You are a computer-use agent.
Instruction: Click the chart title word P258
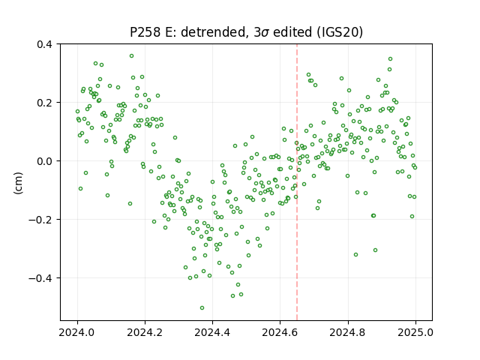(x=145, y=31)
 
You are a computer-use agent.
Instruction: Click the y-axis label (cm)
(x=18, y=183)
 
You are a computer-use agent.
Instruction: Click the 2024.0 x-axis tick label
(x=77, y=332)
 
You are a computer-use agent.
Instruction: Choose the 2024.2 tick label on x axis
(x=145, y=332)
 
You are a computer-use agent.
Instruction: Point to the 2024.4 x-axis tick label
(x=212, y=332)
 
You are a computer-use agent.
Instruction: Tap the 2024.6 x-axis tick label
(x=280, y=332)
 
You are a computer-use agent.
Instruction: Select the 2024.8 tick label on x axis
(x=348, y=332)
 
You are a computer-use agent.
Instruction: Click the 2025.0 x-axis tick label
(x=415, y=332)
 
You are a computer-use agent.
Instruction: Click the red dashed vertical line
(x=297, y=182)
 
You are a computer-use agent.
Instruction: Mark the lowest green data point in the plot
(x=202, y=308)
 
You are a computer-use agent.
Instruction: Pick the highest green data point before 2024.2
(x=132, y=56)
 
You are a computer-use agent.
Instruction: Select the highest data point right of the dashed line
(x=390, y=59)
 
